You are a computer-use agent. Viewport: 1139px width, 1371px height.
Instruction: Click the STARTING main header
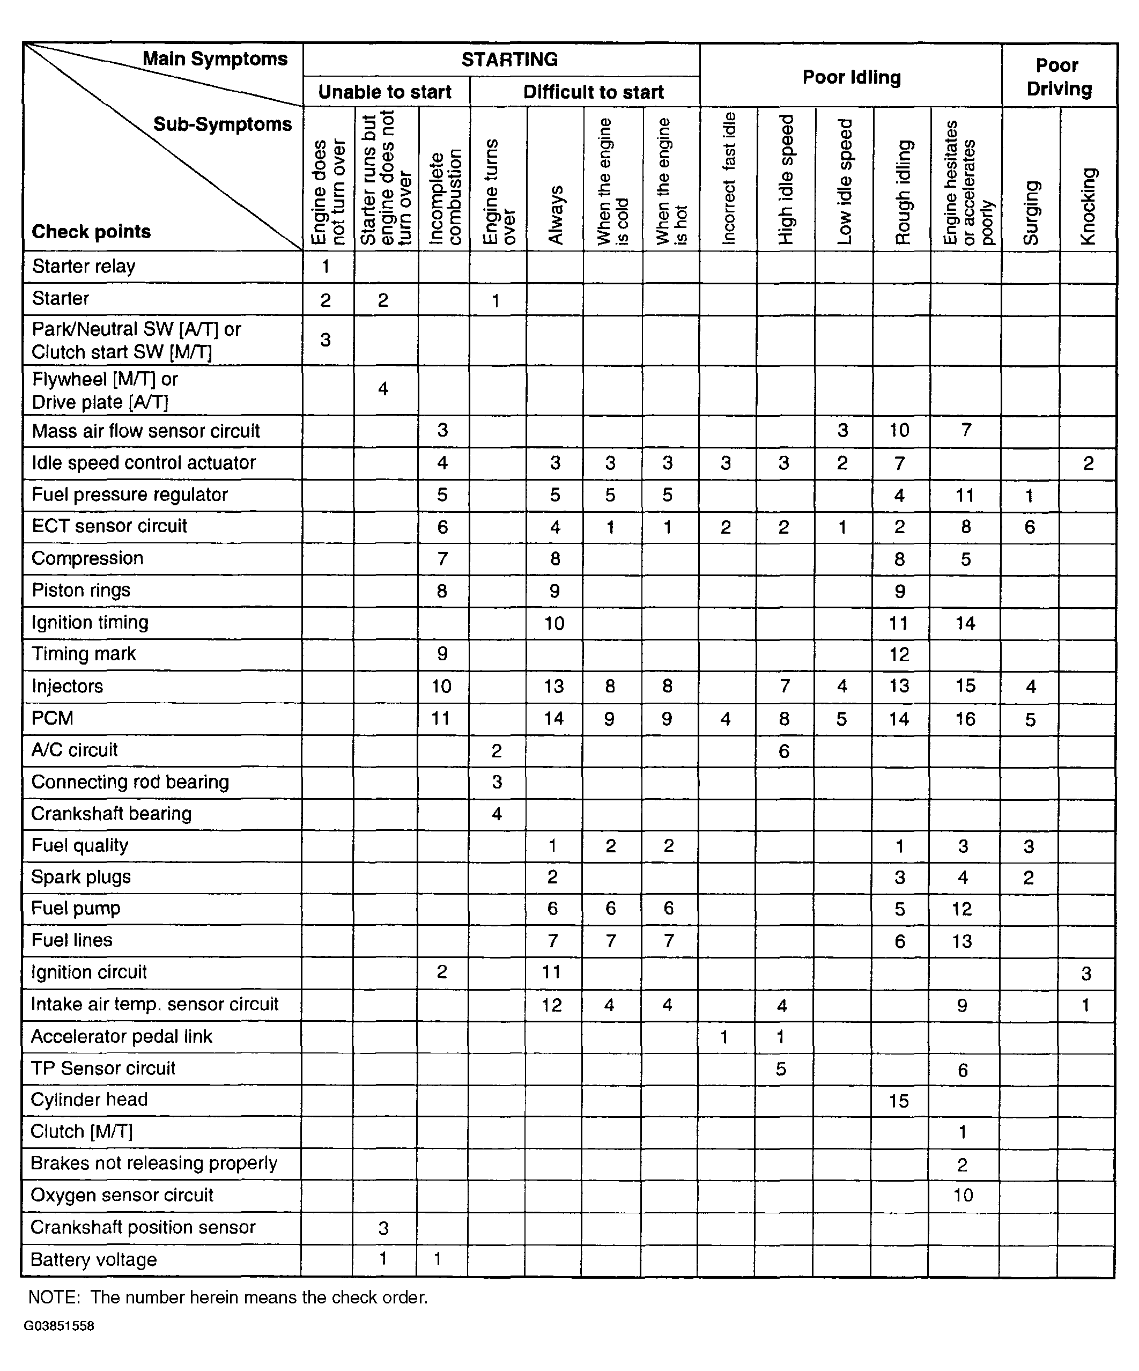click(509, 60)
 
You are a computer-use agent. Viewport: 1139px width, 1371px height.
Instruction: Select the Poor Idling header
click(851, 78)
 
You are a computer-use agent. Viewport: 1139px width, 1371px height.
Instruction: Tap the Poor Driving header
click(1059, 77)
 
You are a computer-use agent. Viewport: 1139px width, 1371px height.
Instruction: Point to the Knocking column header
click(1088, 207)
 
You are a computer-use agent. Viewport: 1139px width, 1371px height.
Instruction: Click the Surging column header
click(1031, 213)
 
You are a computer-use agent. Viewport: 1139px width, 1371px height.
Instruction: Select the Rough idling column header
click(903, 193)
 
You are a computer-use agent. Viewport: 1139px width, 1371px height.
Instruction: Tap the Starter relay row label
click(84, 267)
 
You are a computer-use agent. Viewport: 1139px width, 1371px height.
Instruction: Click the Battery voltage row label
click(93, 1259)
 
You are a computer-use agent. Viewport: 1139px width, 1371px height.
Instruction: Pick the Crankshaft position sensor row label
click(143, 1227)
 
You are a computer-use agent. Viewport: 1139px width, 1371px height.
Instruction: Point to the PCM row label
click(52, 718)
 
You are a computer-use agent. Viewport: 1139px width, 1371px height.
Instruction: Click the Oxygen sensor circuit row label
click(122, 1195)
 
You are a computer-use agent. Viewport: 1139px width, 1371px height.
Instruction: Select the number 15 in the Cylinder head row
click(899, 1101)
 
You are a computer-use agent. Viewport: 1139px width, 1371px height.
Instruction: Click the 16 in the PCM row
click(965, 719)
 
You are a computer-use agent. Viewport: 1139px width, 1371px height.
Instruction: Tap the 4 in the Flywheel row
click(383, 389)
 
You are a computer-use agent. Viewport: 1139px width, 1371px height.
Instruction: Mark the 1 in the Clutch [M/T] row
click(962, 1131)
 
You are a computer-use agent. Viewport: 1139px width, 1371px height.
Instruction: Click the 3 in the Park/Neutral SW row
click(325, 340)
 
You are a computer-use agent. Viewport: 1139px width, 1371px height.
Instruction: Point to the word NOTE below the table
click(54, 1297)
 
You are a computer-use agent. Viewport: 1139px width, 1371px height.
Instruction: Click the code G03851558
click(59, 1326)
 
